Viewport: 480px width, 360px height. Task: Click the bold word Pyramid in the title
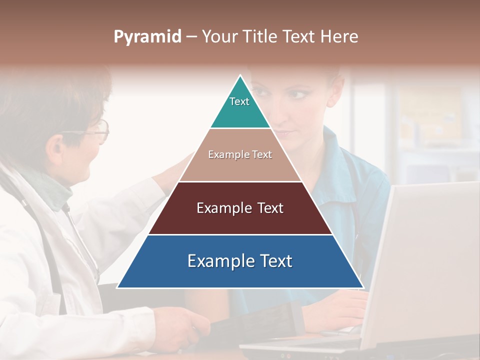pyautogui.click(x=147, y=37)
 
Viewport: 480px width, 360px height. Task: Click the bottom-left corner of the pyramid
pyautogui.click(x=118, y=287)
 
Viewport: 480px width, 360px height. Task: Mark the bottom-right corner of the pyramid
pyautogui.click(x=363, y=287)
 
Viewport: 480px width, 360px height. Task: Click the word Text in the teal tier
pyautogui.click(x=239, y=101)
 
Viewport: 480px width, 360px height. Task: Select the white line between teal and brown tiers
pyautogui.click(x=240, y=128)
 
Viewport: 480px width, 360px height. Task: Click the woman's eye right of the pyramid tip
pyautogui.click(x=298, y=94)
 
